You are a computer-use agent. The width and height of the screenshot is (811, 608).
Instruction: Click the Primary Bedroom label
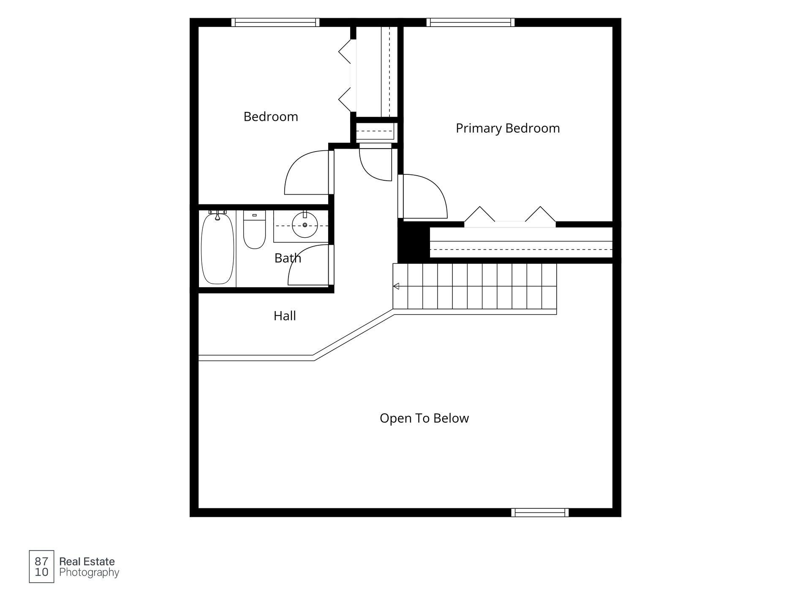(508, 128)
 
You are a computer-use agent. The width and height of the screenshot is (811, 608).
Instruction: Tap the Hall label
(285, 316)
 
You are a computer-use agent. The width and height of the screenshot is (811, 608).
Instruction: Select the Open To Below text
(424, 418)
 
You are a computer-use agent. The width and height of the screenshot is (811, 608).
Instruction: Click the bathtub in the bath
(217, 248)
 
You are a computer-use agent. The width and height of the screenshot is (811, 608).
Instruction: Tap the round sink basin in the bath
(305, 225)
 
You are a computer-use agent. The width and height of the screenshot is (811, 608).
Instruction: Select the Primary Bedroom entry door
(422, 196)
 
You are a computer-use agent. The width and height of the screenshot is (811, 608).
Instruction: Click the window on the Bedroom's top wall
(275, 22)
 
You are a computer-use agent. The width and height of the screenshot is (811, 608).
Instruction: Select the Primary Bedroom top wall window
(471, 22)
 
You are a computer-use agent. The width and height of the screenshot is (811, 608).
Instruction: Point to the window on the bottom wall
(540, 513)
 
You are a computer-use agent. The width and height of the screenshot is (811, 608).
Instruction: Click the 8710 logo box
(41, 567)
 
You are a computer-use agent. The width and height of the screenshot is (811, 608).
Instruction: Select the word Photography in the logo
(89, 573)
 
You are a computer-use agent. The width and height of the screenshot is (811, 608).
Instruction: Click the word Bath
(288, 258)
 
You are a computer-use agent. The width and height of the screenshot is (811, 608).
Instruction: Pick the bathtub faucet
(218, 215)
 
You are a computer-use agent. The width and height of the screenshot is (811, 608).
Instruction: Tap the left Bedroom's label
(271, 117)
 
